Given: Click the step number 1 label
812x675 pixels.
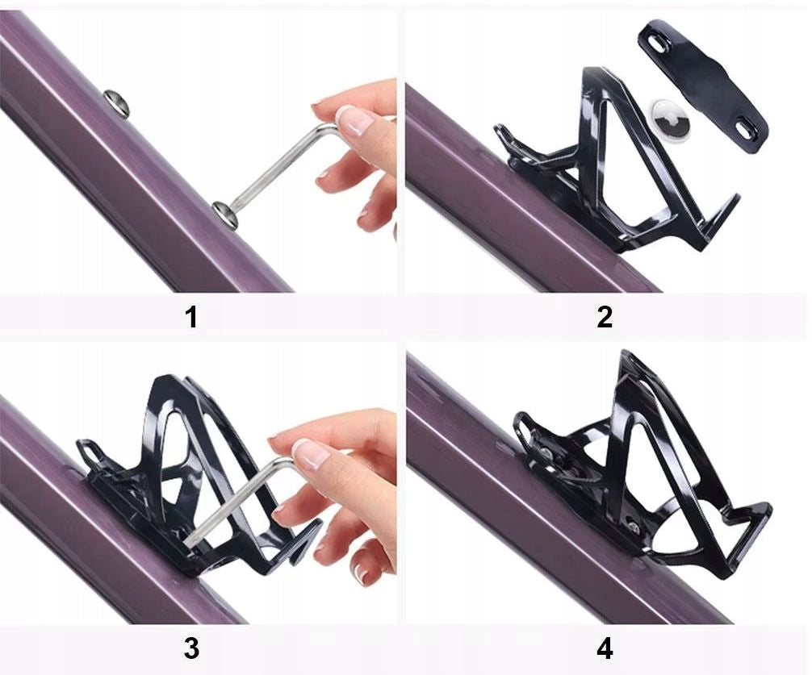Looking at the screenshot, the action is pos(191,317).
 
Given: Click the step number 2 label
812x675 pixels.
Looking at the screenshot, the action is pos(605,317).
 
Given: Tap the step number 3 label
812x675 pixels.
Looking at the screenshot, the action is pos(191,648).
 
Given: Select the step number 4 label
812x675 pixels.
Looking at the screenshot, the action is pos(605,648).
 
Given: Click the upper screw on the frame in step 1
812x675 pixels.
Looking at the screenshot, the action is pos(116,102).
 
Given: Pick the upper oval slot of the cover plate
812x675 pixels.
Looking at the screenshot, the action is pos(659,44).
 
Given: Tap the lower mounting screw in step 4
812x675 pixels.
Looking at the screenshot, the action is pos(631,527).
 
